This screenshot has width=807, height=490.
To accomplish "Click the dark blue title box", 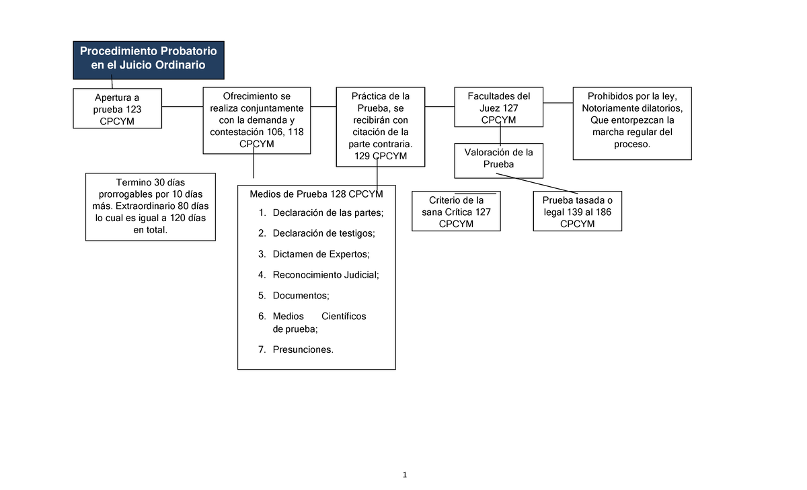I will coord(149,59).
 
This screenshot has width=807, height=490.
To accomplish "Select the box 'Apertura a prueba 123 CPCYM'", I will coord(117,108).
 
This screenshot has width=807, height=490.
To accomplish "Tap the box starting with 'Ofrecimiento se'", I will coord(256,120).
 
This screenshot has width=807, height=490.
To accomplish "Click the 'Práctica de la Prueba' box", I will coord(381,126).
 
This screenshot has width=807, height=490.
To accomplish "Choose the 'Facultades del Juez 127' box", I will coord(498,108).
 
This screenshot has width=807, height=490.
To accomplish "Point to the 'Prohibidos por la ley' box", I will coord(631,123).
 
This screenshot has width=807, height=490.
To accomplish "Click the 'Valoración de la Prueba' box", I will coord(498,161).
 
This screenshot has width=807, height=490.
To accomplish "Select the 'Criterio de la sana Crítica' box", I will coord(456,212).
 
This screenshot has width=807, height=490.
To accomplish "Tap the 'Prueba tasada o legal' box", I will coord(577,212).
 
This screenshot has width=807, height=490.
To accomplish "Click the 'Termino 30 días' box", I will coord(151,206).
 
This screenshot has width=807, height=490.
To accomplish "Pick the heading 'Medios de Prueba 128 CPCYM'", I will coord(316,194).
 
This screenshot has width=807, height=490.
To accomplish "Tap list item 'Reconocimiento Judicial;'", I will coord(325,274).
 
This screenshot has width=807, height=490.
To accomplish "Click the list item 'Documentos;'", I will coord(301,295).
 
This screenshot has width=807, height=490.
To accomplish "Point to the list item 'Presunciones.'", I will coord(303,350).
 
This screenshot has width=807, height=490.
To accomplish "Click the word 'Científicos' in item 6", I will coord(344,316).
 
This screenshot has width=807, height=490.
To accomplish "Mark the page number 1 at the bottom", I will coord(406,475).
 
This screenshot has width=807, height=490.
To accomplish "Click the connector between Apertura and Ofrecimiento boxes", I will coord(182,107).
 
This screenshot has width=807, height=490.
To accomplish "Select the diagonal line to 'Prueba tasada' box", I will coord(538,183).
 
